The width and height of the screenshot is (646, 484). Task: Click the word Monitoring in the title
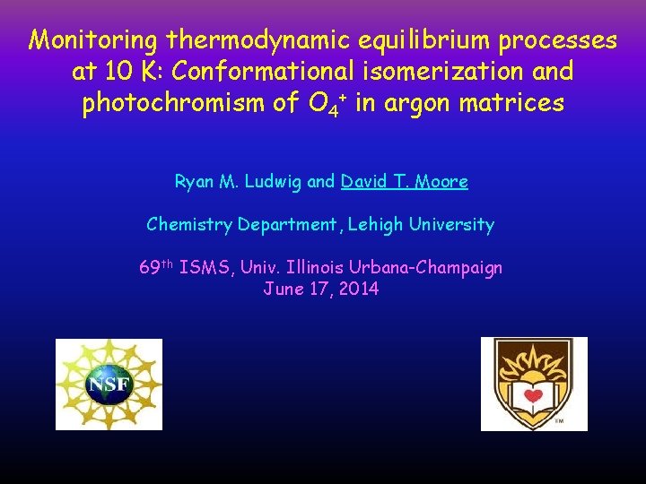[92, 41]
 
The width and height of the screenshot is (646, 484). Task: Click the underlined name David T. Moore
[405, 182]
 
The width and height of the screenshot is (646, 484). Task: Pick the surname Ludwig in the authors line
[272, 182]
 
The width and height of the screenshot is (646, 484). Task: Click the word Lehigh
[378, 224]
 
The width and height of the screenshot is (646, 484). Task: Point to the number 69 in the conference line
[150, 267]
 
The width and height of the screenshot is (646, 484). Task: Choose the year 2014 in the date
[359, 289]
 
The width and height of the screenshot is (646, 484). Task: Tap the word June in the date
[283, 289]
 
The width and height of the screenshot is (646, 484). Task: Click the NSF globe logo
[109, 385]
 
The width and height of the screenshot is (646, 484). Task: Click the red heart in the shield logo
[534, 395]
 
